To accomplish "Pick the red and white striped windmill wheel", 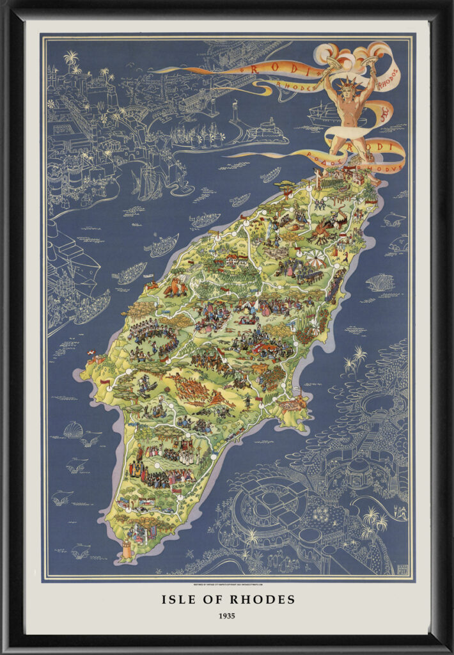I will point(315,259).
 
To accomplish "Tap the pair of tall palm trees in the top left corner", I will point(70,61).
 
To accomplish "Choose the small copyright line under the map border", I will point(227,584).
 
